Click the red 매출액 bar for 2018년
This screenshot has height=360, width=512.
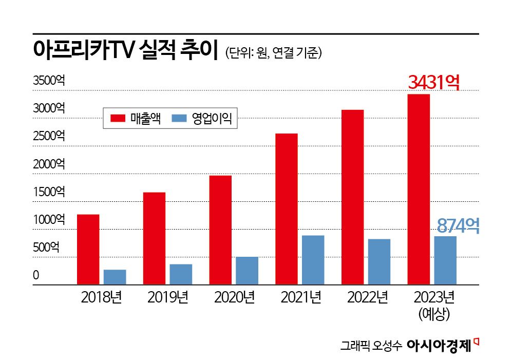coord(88,249)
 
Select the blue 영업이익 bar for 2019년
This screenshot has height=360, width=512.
coord(181,274)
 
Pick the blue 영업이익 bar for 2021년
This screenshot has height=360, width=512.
coord(313,260)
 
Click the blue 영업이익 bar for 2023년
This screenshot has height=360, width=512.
coord(445,260)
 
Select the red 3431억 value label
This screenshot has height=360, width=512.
coord(433,82)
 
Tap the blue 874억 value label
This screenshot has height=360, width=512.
coord(458,225)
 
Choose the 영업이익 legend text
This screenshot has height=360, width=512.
coord(212,119)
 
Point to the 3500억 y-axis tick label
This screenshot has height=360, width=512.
coord(49,81)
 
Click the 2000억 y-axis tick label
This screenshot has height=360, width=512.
coord(49,164)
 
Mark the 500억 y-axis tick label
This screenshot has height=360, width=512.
coord(46,247)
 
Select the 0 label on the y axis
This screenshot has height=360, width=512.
coord(36,275)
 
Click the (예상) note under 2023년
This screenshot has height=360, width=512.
coord(434,314)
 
